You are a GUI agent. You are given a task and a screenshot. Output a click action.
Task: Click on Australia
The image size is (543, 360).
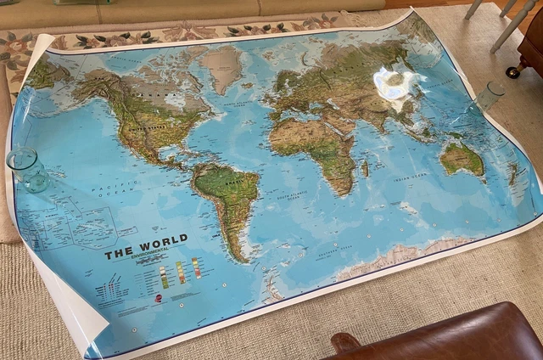point(462,157)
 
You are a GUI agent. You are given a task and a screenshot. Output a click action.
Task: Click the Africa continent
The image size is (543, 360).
point(314,144)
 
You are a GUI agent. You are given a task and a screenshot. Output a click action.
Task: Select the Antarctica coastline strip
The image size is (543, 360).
point(399,256)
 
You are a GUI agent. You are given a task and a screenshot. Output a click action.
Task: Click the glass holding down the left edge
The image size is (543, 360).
point(28,169)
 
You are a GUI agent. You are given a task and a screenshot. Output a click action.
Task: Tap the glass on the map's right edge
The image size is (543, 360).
point(490,96)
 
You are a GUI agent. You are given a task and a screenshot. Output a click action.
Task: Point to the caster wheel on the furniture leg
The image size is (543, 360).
point(512,73)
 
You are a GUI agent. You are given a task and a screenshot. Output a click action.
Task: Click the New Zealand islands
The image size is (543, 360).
point(512,174)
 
